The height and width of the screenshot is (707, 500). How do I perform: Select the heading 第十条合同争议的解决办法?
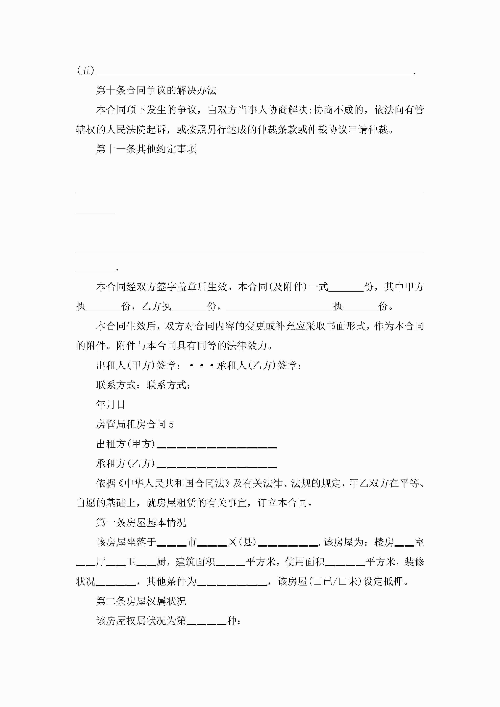point(156,90)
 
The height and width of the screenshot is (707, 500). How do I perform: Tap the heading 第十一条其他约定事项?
point(146,149)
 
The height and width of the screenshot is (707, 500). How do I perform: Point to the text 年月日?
point(110,405)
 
